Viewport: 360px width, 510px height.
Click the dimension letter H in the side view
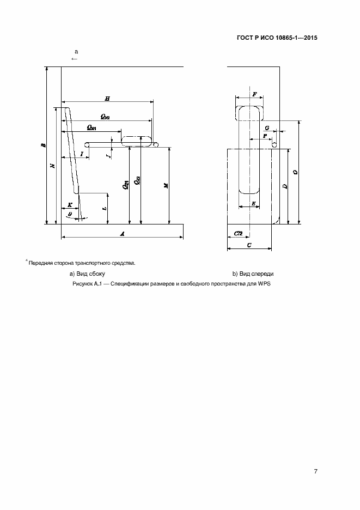coord(107,99)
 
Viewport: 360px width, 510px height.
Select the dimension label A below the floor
coord(123,234)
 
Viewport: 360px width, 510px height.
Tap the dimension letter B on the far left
coord(43,145)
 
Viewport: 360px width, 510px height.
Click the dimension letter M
coord(166,185)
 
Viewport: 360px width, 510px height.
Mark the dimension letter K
coord(69,205)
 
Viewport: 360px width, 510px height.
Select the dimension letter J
coord(109,156)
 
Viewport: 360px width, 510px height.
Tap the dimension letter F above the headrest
coord(254,94)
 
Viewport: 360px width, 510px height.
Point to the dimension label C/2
coord(238,233)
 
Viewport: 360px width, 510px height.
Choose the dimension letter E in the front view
coord(254,203)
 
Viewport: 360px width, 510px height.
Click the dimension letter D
coord(284,186)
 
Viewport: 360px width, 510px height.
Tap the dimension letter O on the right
coord(295,172)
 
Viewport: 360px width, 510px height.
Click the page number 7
coord(316,471)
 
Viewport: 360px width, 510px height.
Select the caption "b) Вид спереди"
coord(253,274)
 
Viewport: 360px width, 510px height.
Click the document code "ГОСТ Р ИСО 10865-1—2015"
coord(277,38)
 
